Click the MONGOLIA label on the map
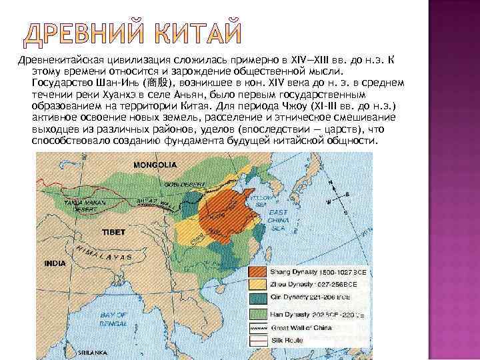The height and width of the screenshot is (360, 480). (x=155, y=164)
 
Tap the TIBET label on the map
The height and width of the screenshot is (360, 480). (x=114, y=233)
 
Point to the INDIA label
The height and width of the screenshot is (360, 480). (x=55, y=263)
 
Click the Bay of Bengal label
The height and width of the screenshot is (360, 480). (x=113, y=318)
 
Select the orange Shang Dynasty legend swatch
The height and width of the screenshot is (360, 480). (x=257, y=272)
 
